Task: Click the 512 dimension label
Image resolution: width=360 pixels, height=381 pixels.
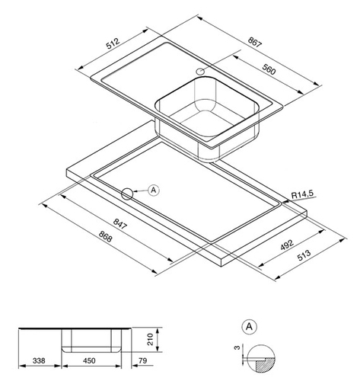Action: [113, 43]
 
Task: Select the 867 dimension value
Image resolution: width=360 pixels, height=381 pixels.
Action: [254, 42]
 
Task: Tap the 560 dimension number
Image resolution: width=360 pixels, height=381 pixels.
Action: [269, 69]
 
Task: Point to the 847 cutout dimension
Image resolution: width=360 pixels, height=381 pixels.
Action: [119, 224]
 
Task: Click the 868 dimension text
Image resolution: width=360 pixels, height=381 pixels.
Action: [105, 236]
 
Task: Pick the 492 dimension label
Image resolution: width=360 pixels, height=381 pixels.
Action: [287, 245]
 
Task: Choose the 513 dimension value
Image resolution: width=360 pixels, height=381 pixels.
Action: [304, 255]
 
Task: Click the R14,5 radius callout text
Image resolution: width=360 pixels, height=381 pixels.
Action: [302, 194]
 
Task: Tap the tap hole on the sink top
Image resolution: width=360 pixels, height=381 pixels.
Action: [201, 72]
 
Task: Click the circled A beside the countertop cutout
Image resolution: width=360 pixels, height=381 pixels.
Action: [154, 190]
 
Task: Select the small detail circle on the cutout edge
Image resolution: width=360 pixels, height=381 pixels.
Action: [127, 194]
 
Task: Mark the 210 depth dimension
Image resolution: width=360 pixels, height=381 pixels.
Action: [151, 339]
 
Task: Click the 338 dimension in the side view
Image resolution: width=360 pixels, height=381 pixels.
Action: [39, 360]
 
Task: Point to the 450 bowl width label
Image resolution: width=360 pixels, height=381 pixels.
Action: [89, 360]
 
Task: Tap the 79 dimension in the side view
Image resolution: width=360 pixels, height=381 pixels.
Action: [143, 360]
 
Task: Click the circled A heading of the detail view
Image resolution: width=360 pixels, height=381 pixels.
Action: [250, 327]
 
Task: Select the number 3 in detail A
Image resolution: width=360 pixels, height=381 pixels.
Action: [237, 347]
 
